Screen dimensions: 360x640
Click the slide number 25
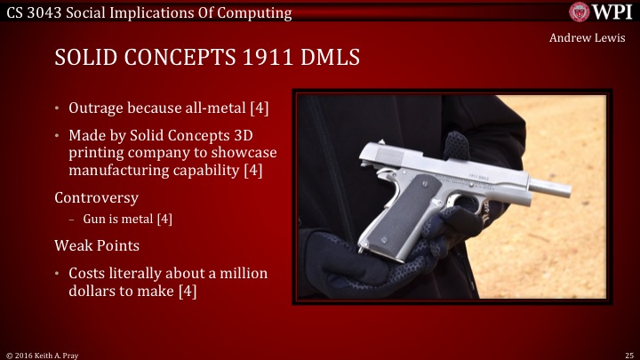(x=628, y=353)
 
